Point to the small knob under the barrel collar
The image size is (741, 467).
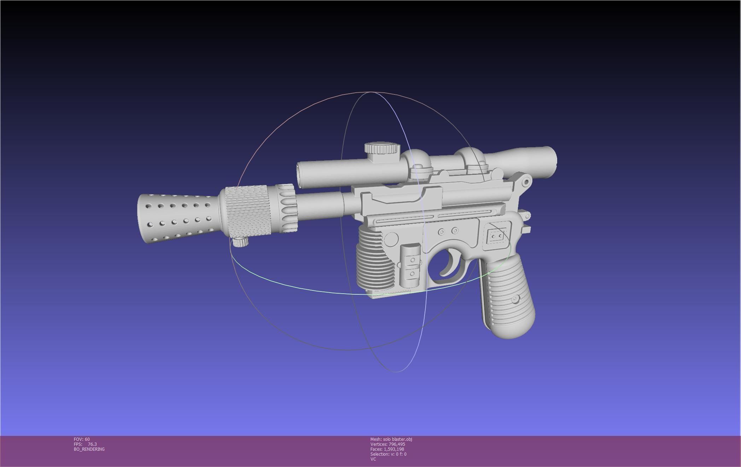(240, 242)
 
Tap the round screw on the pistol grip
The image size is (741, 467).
(515, 299)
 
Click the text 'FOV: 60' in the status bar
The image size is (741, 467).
(82, 439)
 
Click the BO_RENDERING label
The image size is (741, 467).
(89, 449)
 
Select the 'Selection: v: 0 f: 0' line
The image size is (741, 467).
(388, 454)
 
